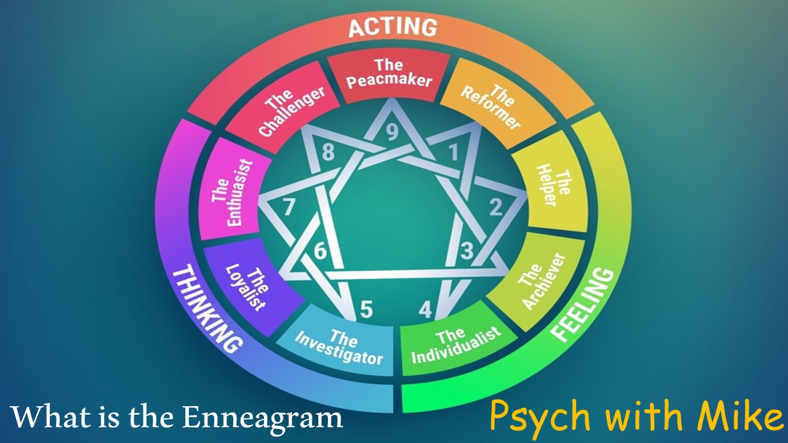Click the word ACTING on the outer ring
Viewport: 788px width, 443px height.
[393, 28]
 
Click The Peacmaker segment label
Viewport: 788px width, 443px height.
[388, 73]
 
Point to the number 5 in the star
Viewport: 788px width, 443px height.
[366, 309]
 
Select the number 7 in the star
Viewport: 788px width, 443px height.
[289, 208]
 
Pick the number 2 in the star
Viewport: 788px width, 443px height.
[496, 208]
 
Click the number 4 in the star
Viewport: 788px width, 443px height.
[425, 309]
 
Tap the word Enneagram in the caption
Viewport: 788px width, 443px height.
[262, 418]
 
